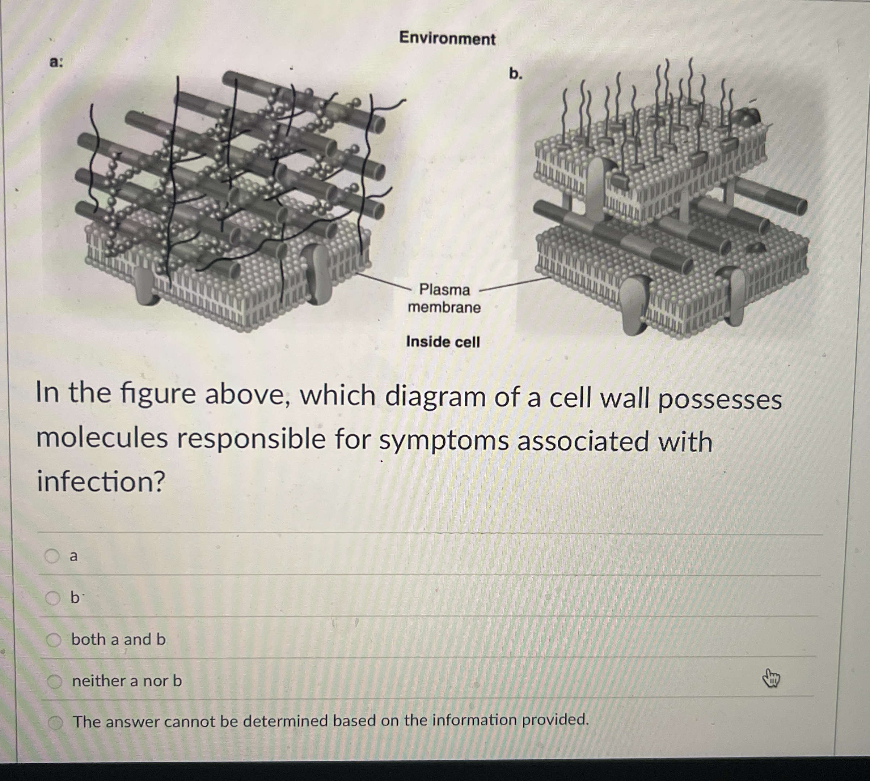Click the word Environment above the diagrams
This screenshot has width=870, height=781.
pyautogui.click(x=447, y=39)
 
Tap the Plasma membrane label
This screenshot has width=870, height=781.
pyautogui.click(x=444, y=299)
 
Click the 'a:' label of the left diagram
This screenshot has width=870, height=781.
pyautogui.click(x=56, y=63)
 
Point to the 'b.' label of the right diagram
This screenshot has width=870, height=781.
pyautogui.click(x=516, y=74)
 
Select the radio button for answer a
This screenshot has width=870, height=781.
pyautogui.click(x=52, y=556)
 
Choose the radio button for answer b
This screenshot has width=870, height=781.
pyautogui.click(x=53, y=598)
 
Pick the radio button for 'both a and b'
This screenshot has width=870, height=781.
pyautogui.click(x=54, y=640)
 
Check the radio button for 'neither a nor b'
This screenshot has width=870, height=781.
pyautogui.click(x=55, y=681)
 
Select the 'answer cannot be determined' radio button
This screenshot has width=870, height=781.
pyautogui.click(x=55, y=723)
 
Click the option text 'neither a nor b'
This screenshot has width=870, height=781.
pyautogui.click(x=127, y=681)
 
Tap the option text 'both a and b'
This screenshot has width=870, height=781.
pyautogui.click(x=118, y=639)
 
